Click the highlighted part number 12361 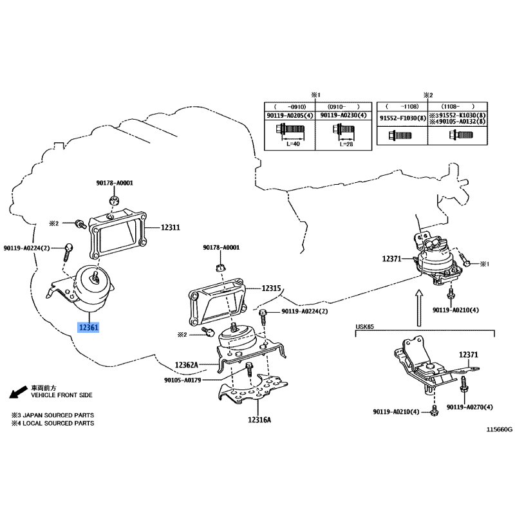point(89,328)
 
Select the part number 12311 point(170,227)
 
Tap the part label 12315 point(271,288)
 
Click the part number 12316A point(259,420)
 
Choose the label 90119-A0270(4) point(470,407)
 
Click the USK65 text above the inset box point(365,327)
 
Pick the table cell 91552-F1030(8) point(402,118)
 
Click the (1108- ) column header point(457,106)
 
